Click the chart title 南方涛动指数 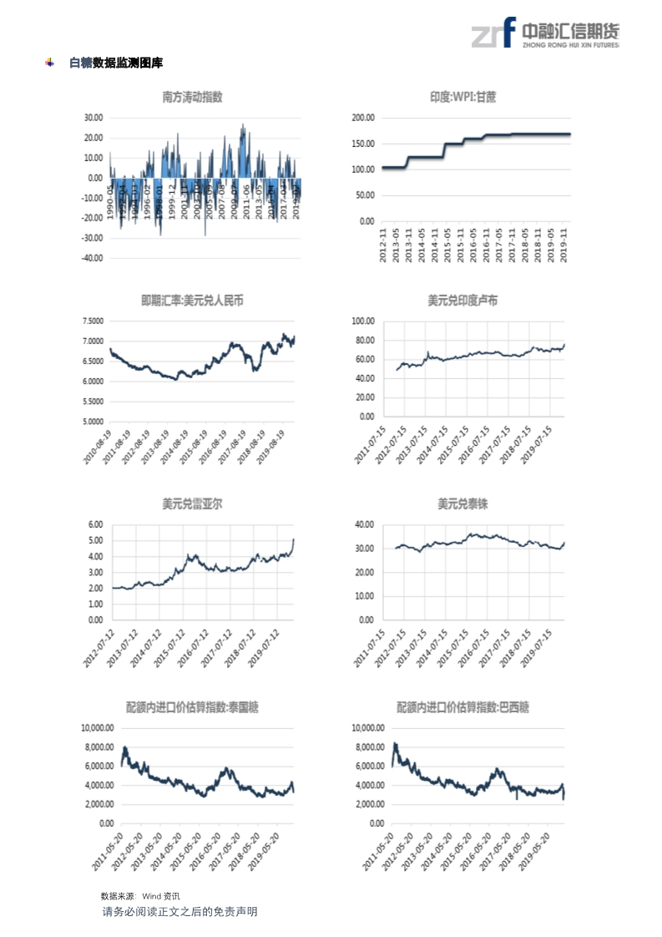[193, 98]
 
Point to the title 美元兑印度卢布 [462, 300]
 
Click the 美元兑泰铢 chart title [462, 504]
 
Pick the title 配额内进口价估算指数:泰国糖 [193, 707]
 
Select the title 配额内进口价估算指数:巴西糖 [462, 707]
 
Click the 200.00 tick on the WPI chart [361, 119]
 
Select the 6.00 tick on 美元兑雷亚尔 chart [93, 524]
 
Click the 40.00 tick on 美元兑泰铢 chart [363, 524]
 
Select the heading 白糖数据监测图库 [115, 63]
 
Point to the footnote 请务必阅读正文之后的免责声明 [179, 911]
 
